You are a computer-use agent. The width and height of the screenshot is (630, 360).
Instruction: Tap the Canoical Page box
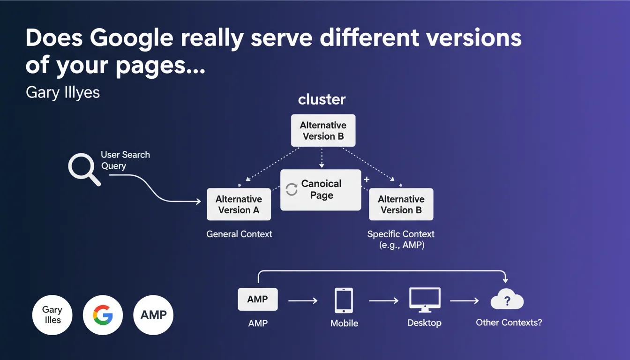coord(321,190)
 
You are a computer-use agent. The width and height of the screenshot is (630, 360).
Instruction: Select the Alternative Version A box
coord(239,204)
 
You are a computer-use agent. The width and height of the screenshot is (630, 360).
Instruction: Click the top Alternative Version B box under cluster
coord(323,130)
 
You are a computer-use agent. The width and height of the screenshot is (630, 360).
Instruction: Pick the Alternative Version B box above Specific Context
coord(401,204)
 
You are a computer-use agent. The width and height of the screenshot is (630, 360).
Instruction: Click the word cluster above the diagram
coord(322,99)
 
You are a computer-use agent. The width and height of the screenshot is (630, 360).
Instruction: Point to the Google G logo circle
coord(103,315)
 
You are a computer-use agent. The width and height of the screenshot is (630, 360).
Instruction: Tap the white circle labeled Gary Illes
coord(52,315)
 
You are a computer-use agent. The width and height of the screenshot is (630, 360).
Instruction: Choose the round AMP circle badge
coord(153,315)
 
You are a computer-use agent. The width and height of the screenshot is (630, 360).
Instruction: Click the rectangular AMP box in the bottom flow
coord(258,299)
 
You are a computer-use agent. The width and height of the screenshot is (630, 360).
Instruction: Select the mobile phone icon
coord(344,300)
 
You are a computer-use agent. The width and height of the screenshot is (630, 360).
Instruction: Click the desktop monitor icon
coord(425,300)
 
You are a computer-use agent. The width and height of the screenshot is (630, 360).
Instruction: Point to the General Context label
coord(240,234)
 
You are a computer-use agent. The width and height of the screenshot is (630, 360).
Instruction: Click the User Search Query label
coord(126,160)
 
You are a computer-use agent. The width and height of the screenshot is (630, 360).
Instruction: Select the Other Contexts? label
coord(509,322)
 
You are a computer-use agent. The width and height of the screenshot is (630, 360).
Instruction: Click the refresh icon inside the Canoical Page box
coord(292,189)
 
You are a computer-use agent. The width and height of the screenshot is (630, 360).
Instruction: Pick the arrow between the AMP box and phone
coord(303,300)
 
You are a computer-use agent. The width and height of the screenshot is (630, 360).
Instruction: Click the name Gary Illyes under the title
coord(63,92)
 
